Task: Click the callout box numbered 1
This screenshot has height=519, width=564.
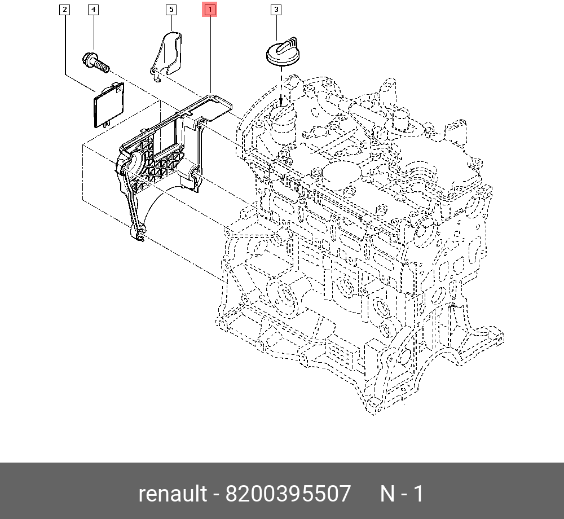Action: coord(210,10)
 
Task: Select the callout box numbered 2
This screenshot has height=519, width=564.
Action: coord(65,10)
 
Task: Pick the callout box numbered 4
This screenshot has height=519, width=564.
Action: coord(93,10)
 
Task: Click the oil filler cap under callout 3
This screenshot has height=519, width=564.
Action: coord(282,52)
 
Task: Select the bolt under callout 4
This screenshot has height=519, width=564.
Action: coord(95,63)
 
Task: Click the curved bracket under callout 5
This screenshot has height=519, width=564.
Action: coord(168,54)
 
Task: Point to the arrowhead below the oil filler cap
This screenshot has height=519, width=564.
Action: coord(281,102)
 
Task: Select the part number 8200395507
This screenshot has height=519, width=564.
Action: coord(288,494)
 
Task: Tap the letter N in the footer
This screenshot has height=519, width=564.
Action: coord(387,494)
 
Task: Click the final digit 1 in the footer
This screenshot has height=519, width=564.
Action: coord(418,494)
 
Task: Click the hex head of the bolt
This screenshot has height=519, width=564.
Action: coord(89,58)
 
